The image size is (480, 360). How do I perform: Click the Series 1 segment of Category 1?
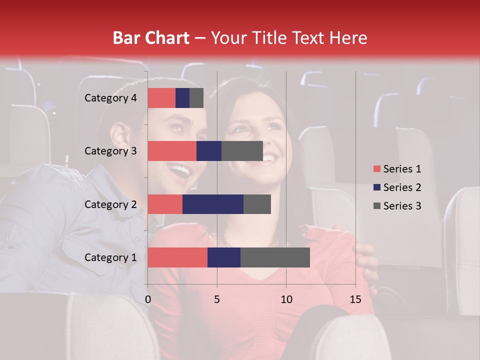177,257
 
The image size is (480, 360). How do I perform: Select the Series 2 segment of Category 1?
224,257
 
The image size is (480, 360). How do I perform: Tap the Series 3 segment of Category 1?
275,257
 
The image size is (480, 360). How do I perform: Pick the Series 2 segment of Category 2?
213,204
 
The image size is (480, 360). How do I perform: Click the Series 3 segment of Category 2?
257,204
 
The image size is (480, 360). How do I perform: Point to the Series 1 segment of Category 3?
172,151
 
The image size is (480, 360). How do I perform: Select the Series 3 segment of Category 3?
242,151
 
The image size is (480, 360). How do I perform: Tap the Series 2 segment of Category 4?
182,98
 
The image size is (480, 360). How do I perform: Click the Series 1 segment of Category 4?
161,98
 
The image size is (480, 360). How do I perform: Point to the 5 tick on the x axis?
217,299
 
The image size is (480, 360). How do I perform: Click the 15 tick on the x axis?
355,299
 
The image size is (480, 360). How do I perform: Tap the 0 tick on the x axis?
148,299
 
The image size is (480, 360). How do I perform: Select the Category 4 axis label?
110,98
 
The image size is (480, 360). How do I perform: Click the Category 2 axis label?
110,204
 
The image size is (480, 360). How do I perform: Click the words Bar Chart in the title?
151,38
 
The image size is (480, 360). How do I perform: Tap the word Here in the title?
347,38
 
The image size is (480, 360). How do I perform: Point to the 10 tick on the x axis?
286,299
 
